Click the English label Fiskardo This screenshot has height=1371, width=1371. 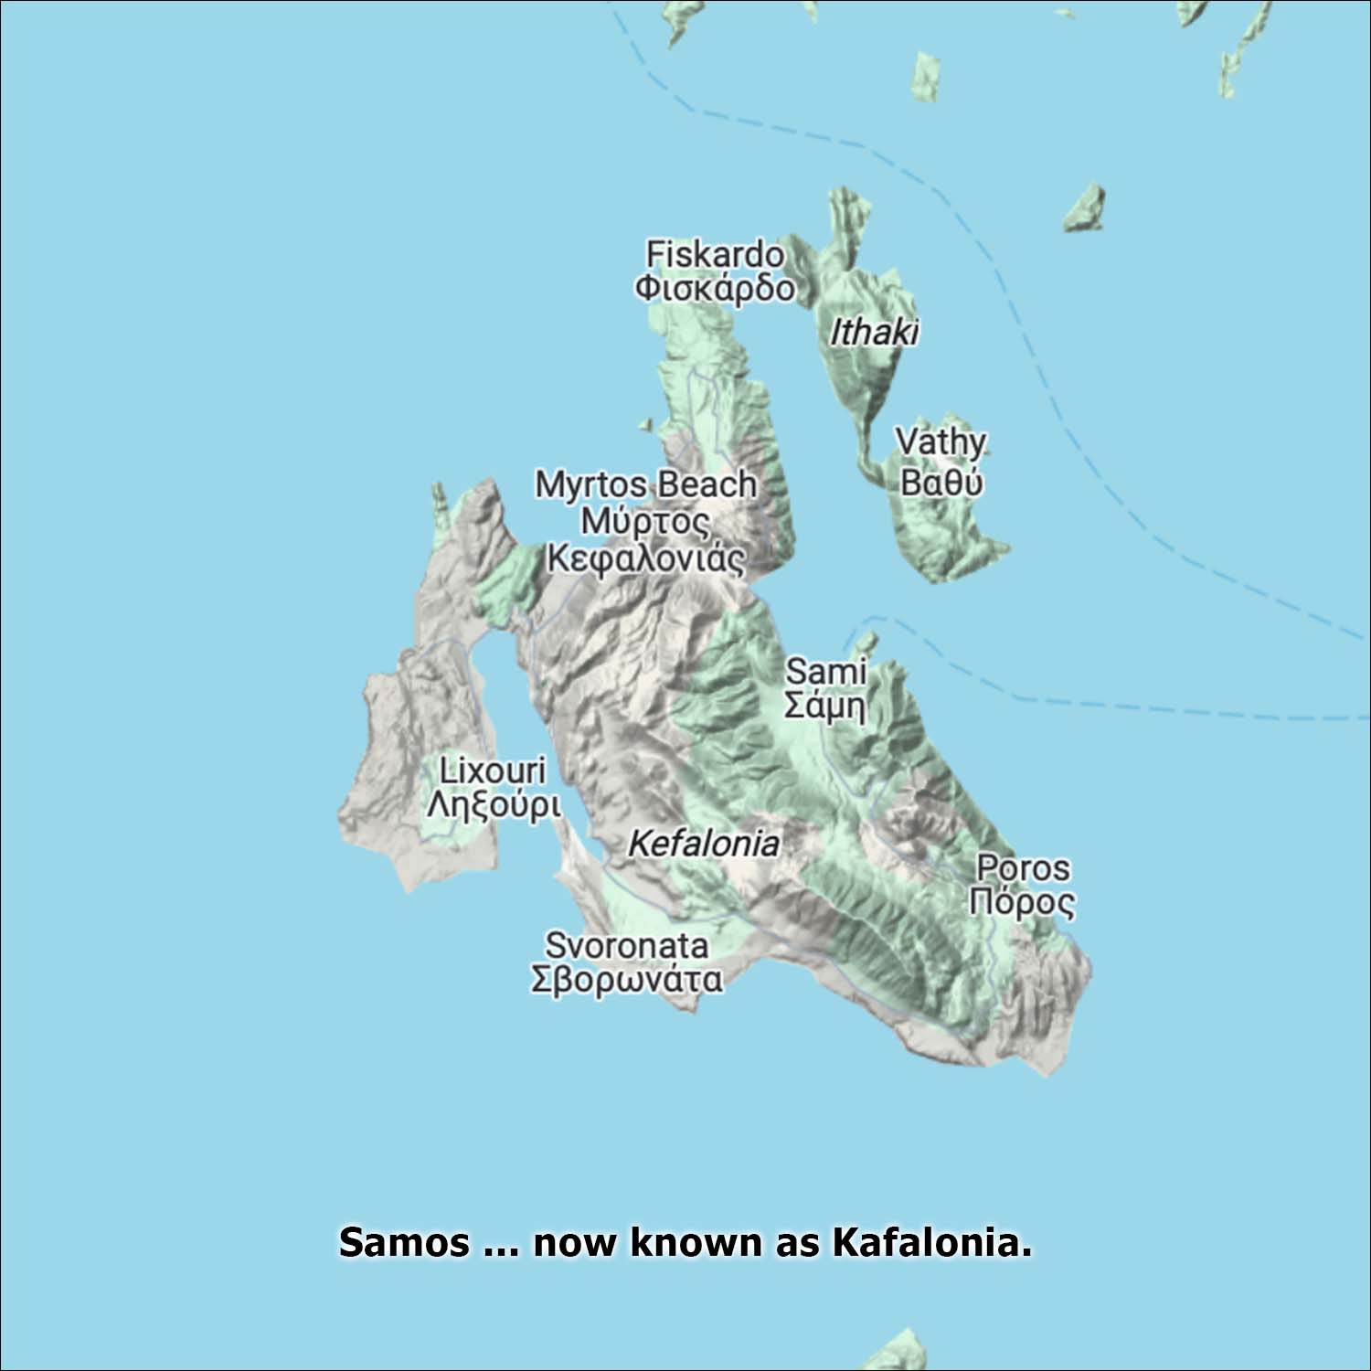point(714,254)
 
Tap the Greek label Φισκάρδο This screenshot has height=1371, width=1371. point(714,288)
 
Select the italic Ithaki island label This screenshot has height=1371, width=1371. point(873,333)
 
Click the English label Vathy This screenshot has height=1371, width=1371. point(941,442)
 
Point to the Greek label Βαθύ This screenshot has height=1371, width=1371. point(941,481)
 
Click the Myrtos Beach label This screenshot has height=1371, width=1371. point(645,484)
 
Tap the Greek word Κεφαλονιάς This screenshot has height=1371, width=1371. point(645,558)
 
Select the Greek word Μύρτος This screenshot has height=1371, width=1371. point(645,522)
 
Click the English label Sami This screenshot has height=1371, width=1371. point(825,671)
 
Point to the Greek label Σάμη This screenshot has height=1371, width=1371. point(825,706)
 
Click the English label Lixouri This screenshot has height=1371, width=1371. point(492,771)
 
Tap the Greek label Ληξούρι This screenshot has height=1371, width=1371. point(493,806)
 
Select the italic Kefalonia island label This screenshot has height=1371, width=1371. point(703,844)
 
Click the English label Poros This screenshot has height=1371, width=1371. point(1023,867)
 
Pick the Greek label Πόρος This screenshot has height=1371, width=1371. point(1022,902)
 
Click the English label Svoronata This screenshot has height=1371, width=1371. point(626,945)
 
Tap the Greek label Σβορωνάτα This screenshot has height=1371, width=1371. point(626,979)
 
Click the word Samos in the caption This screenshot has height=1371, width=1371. point(404,1243)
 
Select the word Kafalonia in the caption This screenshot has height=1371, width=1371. point(930,1243)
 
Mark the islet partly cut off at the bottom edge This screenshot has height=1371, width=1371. point(895,1354)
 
